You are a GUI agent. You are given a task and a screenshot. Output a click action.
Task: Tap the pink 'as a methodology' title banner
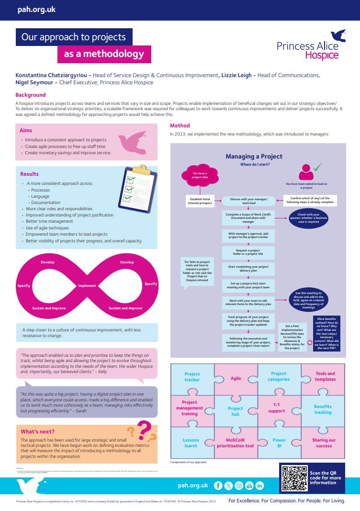104,54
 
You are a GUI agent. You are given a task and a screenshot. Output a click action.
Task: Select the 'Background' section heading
31,95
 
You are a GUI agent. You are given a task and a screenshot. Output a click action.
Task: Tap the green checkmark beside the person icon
317,168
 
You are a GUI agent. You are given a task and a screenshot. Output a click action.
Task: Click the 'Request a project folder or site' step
248,251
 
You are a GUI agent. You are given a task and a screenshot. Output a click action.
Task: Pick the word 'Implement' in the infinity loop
87,285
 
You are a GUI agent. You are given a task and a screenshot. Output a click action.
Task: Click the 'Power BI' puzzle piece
279,443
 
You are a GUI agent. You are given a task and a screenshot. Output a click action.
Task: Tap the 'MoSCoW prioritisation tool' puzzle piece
236,443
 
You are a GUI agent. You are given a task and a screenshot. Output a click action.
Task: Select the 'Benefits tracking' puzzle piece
323,409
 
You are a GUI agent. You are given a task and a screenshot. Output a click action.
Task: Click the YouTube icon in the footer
249,486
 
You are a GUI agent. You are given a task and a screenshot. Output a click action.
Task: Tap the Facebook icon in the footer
218,486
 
